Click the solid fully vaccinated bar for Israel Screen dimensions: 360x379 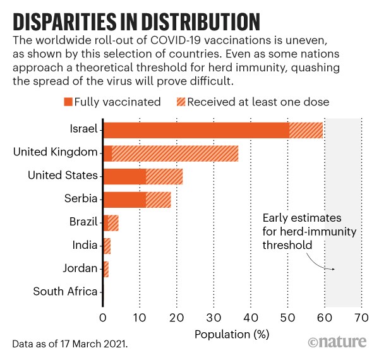tap(196, 130)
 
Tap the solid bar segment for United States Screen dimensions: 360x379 tap(124, 176)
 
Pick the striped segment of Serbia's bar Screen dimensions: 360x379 tap(159, 199)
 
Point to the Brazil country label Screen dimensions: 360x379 tap(83, 222)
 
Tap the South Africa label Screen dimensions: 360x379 tap(66, 291)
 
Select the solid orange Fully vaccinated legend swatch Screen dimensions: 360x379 tap(68, 102)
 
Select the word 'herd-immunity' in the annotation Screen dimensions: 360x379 tap(309, 232)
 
